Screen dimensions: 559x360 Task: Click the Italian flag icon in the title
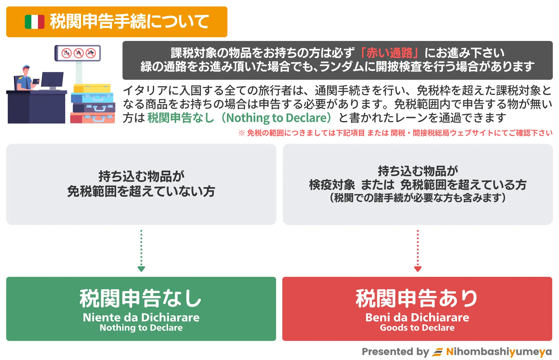click(x=34, y=22)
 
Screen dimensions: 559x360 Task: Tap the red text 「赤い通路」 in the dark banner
click(x=389, y=53)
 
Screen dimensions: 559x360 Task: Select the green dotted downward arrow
click(x=141, y=251)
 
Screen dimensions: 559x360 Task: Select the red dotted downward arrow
click(x=418, y=251)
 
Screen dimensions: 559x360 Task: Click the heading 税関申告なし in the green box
click(x=141, y=298)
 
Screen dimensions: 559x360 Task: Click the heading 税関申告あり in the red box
click(x=417, y=298)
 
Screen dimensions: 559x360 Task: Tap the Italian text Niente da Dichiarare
click(x=141, y=317)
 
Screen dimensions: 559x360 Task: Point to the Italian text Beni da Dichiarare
click(x=417, y=317)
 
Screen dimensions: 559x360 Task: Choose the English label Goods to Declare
click(x=417, y=328)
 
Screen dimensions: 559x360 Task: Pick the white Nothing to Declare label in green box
click(x=141, y=328)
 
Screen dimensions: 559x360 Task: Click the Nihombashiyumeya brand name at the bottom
click(x=499, y=352)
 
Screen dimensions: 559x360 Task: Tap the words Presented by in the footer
click(x=395, y=352)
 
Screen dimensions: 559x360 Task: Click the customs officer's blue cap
click(x=26, y=67)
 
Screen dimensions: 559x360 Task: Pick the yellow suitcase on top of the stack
click(x=92, y=88)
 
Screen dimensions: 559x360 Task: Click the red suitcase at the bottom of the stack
click(x=93, y=118)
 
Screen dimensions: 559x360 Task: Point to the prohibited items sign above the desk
click(x=78, y=53)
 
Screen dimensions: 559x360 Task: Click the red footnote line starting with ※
click(x=395, y=133)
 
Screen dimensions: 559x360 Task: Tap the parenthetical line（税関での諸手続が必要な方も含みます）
click(x=418, y=198)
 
